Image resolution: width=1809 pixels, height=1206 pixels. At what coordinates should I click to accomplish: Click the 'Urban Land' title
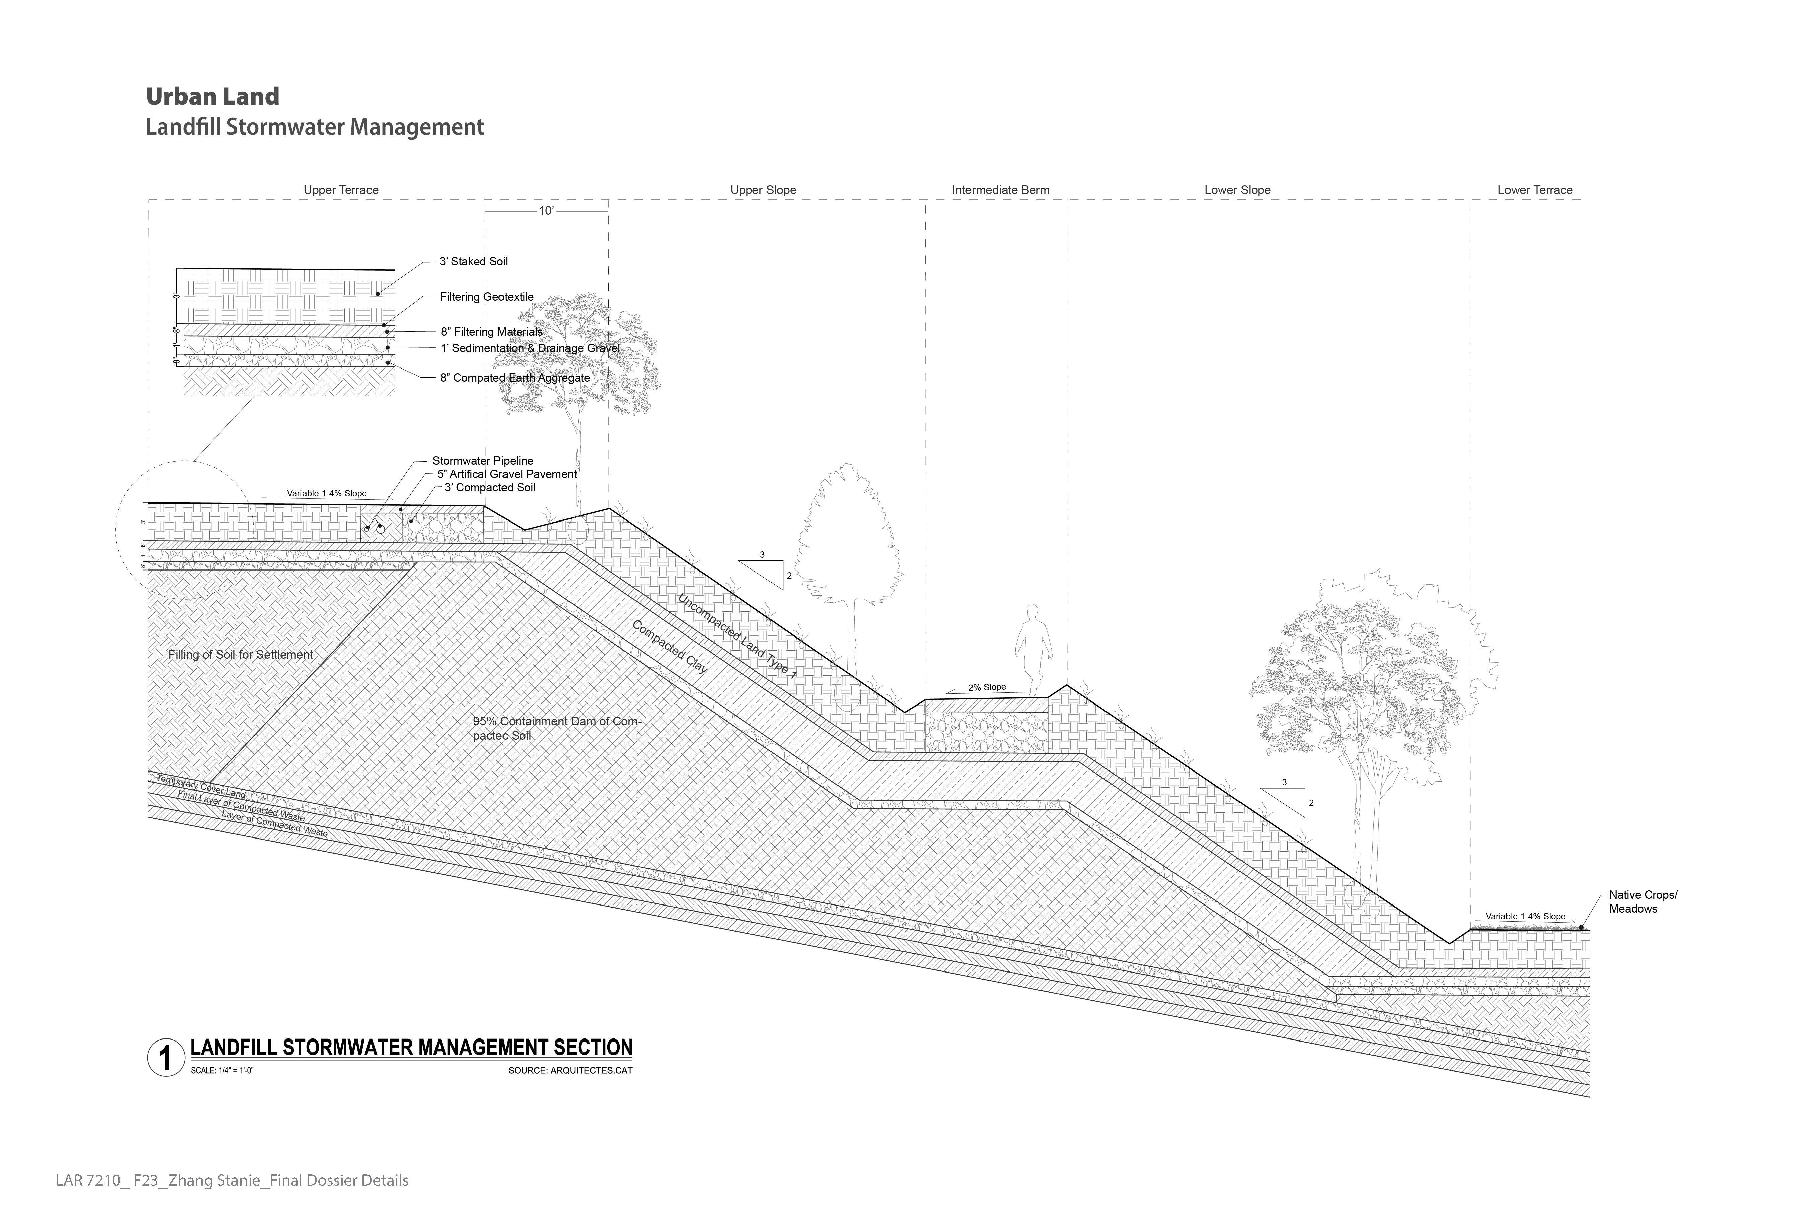pos(212,97)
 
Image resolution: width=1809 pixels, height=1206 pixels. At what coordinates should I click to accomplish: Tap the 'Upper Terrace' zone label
pos(341,190)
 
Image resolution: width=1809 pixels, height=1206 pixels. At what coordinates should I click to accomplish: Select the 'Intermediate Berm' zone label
pos(1000,190)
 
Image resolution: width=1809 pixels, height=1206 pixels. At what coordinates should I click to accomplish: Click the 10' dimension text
pos(545,211)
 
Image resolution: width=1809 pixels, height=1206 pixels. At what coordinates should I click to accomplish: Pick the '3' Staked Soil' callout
pos(473,262)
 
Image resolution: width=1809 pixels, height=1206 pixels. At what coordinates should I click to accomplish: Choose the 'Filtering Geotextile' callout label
pos(486,297)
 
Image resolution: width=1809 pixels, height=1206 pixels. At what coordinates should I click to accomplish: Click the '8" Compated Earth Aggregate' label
pos(515,378)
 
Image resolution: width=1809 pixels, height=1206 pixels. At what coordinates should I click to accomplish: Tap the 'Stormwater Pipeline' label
pos(482,461)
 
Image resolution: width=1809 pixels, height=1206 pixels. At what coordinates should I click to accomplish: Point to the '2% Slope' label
pos(987,688)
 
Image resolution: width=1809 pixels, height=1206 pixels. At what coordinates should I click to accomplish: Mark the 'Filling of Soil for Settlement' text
pos(240,655)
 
